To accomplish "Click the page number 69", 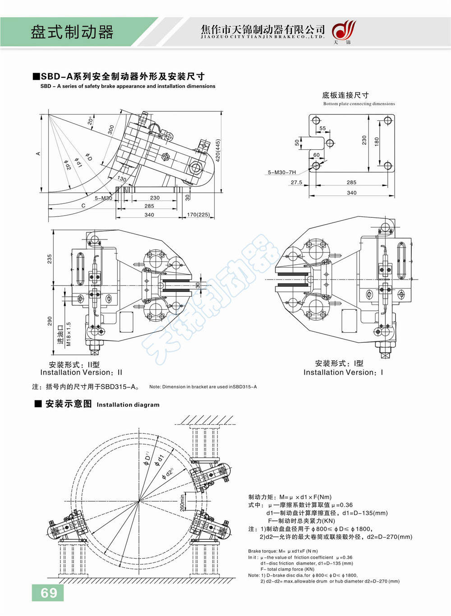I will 49,593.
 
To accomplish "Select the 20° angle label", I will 90,120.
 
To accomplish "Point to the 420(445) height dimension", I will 218,151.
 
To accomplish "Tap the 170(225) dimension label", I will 198,215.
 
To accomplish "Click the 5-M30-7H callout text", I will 282,172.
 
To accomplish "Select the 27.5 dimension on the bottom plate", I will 296,183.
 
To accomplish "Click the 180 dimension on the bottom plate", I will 377,142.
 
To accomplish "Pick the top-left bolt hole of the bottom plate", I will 316,120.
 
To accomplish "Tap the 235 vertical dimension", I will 50,259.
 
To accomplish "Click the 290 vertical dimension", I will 50,321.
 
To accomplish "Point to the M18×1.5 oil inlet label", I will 69,334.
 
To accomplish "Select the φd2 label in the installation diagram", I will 168,473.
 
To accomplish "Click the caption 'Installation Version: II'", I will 81,372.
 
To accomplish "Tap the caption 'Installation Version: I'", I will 343,372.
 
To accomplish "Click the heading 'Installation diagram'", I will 128,405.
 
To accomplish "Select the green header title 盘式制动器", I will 72,32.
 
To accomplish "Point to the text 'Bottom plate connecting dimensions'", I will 359,104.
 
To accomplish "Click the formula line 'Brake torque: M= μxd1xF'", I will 283,551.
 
